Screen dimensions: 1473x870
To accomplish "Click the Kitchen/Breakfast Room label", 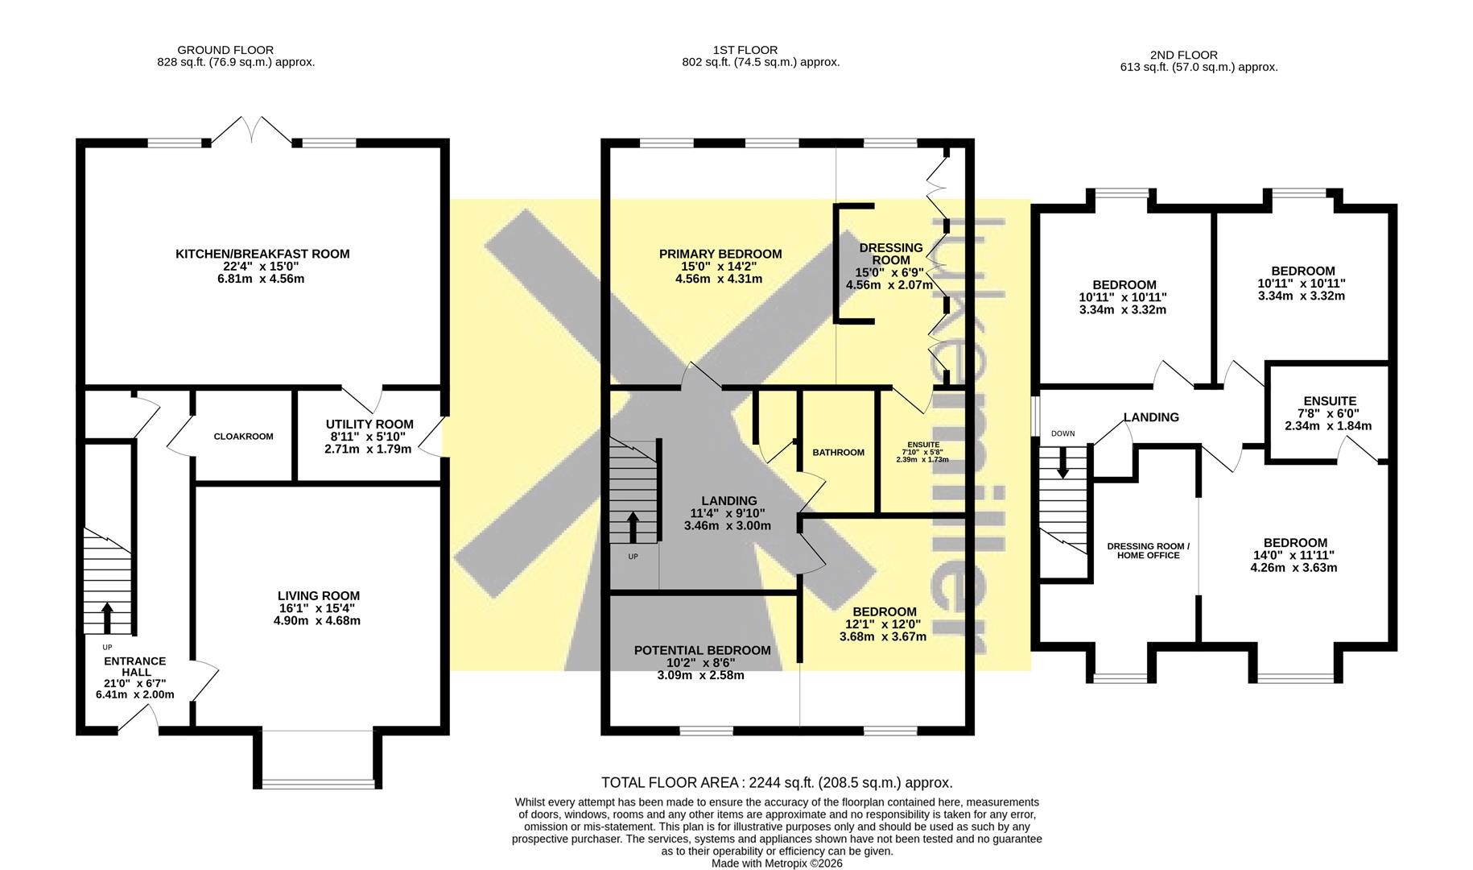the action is (x=262, y=254).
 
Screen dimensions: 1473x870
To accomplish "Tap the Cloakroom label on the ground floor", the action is (x=243, y=437).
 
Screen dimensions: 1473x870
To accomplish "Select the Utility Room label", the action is (x=369, y=424).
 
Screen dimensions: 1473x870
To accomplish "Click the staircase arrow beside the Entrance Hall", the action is (x=107, y=618).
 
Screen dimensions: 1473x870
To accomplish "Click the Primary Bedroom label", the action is (x=720, y=254).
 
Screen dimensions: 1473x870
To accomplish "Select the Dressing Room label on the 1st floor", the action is (x=891, y=254).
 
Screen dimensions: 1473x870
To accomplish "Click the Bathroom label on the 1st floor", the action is (x=838, y=453).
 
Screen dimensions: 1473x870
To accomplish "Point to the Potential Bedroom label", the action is (x=702, y=650).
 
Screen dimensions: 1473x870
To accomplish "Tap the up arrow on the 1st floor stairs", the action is (x=633, y=527).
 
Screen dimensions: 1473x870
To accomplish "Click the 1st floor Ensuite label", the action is (x=923, y=445).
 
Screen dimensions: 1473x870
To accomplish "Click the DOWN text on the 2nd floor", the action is (x=1062, y=433).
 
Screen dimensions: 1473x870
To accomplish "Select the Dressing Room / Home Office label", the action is (x=1148, y=550).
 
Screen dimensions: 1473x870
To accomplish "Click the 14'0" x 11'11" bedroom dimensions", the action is (x=1294, y=555).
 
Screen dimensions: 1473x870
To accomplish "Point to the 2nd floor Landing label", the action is (x=1151, y=417).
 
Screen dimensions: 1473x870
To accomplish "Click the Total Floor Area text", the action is (x=777, y=782).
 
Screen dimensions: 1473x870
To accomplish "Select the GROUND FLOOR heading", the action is (x=225, y=50).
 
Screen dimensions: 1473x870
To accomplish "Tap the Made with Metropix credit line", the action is (x=777, y=863).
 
